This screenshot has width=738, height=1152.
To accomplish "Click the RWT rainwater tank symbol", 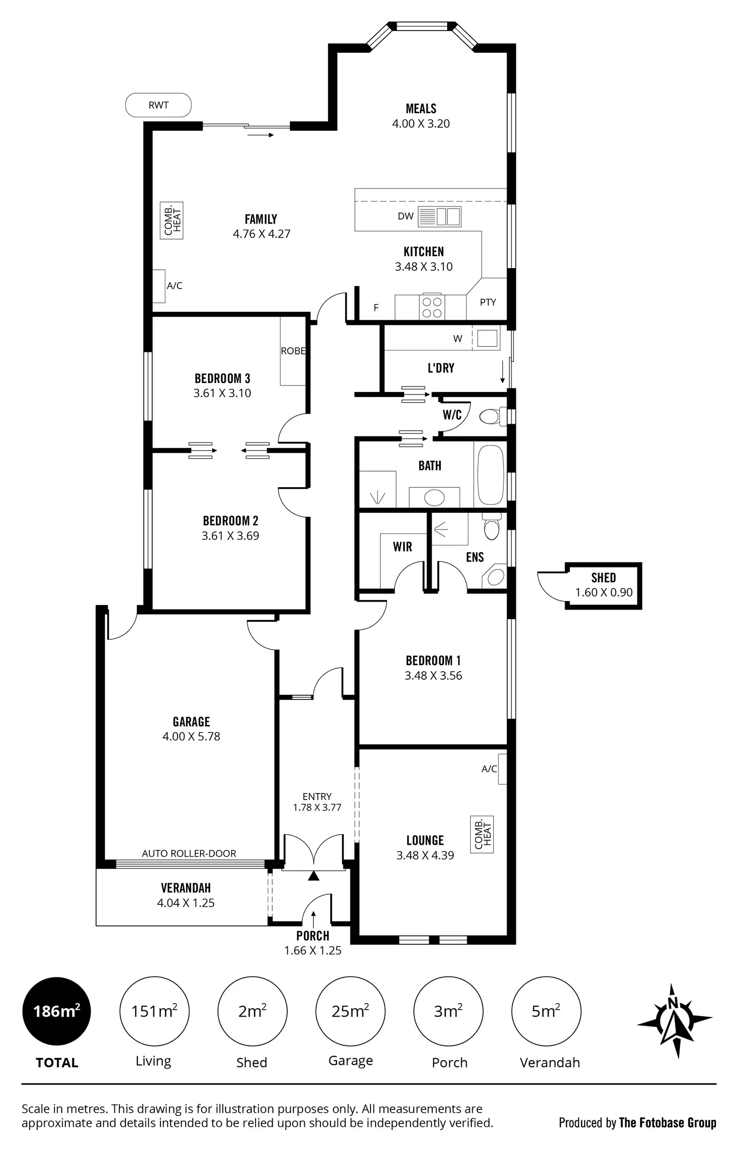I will coord(158,105).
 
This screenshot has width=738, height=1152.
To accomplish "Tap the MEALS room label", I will coord(421,109).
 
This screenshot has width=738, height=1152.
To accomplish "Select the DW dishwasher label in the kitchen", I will coord(405,216).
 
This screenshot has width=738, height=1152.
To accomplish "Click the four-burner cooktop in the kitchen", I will coord(432,307).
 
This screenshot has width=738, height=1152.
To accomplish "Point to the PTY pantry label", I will coord(488,302).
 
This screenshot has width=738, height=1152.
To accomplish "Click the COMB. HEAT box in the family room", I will coord(171,221).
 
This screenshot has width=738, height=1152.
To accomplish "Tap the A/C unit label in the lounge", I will coord(489,769).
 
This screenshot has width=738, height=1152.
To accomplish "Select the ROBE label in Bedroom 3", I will coord(293,351).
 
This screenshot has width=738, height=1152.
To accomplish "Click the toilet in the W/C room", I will coord(490,416).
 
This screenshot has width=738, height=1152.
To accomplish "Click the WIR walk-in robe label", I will coord(403,547).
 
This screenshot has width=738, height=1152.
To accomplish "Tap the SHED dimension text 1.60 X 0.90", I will coord(604,593).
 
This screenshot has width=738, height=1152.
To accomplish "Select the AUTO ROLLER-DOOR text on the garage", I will coord(189,854).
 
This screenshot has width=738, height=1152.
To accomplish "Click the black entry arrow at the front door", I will coord(313,876).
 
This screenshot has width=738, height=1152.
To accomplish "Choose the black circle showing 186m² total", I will coord(57,1012).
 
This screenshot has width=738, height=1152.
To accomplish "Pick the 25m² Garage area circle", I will coord(350,1012).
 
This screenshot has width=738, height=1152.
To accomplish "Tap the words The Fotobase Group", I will coord(667,1123).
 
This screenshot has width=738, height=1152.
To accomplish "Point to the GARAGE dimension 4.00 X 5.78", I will coord(191,736).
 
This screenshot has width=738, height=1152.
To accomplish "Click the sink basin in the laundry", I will coord(487,338).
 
